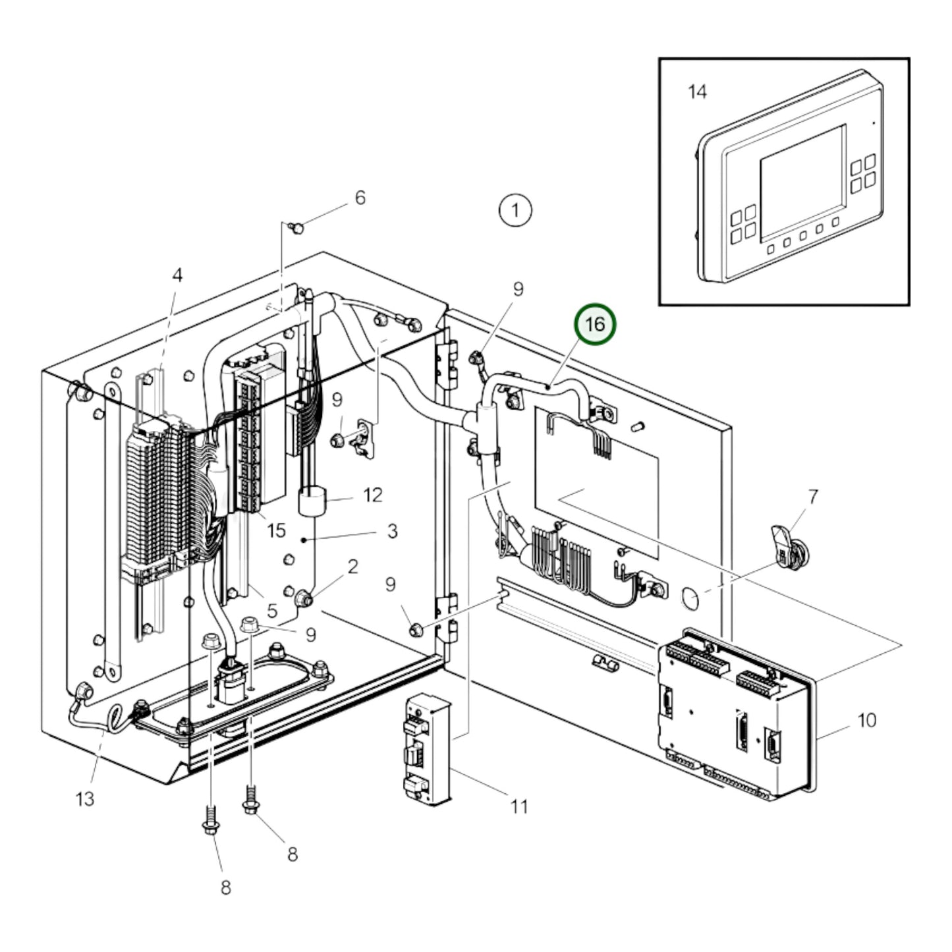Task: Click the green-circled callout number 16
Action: coord(595,324)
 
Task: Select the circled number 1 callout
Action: coord(515,210)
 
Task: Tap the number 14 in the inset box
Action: coord(697,92)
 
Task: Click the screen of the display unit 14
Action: coord(802,181)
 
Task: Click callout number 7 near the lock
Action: coord(813,497)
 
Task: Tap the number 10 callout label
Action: coord(867,720)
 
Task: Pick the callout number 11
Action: coord(519,806)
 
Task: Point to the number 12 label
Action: coord(373,495)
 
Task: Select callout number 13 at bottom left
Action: coord(85,799)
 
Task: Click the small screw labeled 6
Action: coord(297,228)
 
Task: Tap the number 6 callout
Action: coord(360,198)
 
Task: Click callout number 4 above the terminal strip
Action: coord(177,275)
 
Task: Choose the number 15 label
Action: coord(276,530)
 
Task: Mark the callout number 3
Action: coord(392,531)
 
